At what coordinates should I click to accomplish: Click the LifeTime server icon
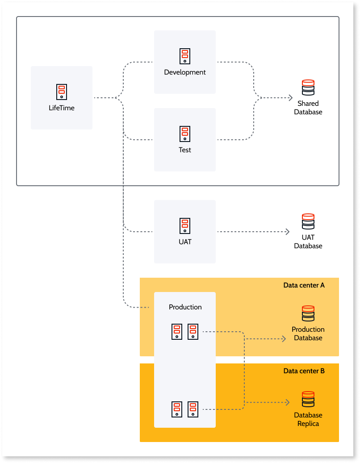(x=62, y=92)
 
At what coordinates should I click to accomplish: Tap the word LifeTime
(x=62, y=108)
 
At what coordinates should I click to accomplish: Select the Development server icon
(x=185, y=56)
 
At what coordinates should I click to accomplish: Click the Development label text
(x=185, y=72)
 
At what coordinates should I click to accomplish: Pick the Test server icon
(x=185, y=133)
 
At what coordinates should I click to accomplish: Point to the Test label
(x=185, y=150)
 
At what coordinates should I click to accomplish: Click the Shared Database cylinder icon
(x=308, y=88)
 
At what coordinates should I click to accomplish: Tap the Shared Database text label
(x=308, y=108)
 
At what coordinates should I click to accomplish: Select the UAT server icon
(x=185, y=225)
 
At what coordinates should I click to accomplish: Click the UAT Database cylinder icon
(x=308, y=221)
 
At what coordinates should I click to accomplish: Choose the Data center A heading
(x=304, y=285)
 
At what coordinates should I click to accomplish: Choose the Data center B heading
(x=304, y=371)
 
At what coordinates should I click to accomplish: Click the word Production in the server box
(x=185, y=307)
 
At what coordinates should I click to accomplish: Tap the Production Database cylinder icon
(x=308, y=313)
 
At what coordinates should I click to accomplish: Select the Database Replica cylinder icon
(x=308, y=399)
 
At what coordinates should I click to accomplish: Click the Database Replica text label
(x=308, y=419)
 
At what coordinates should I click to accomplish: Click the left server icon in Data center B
(x=177, y=409)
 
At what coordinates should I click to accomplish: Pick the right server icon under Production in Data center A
(x=193, y=332)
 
